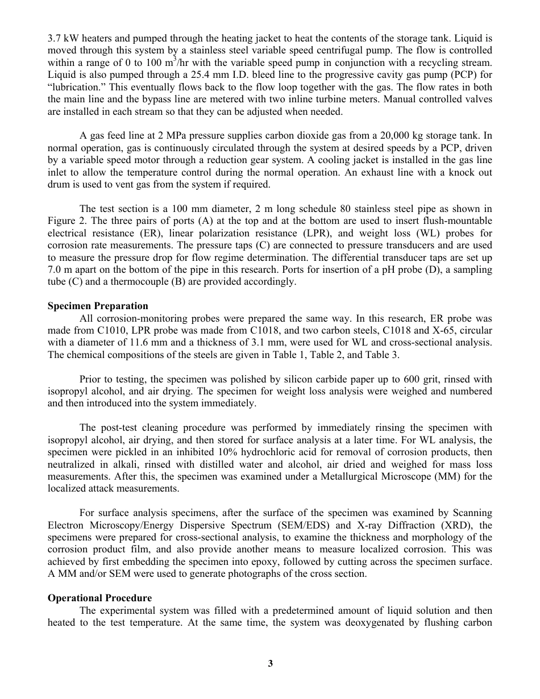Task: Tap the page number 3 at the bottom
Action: tap(271, 663)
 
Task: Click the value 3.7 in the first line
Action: tap(54, 39)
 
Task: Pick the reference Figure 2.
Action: tap(65, 220)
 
